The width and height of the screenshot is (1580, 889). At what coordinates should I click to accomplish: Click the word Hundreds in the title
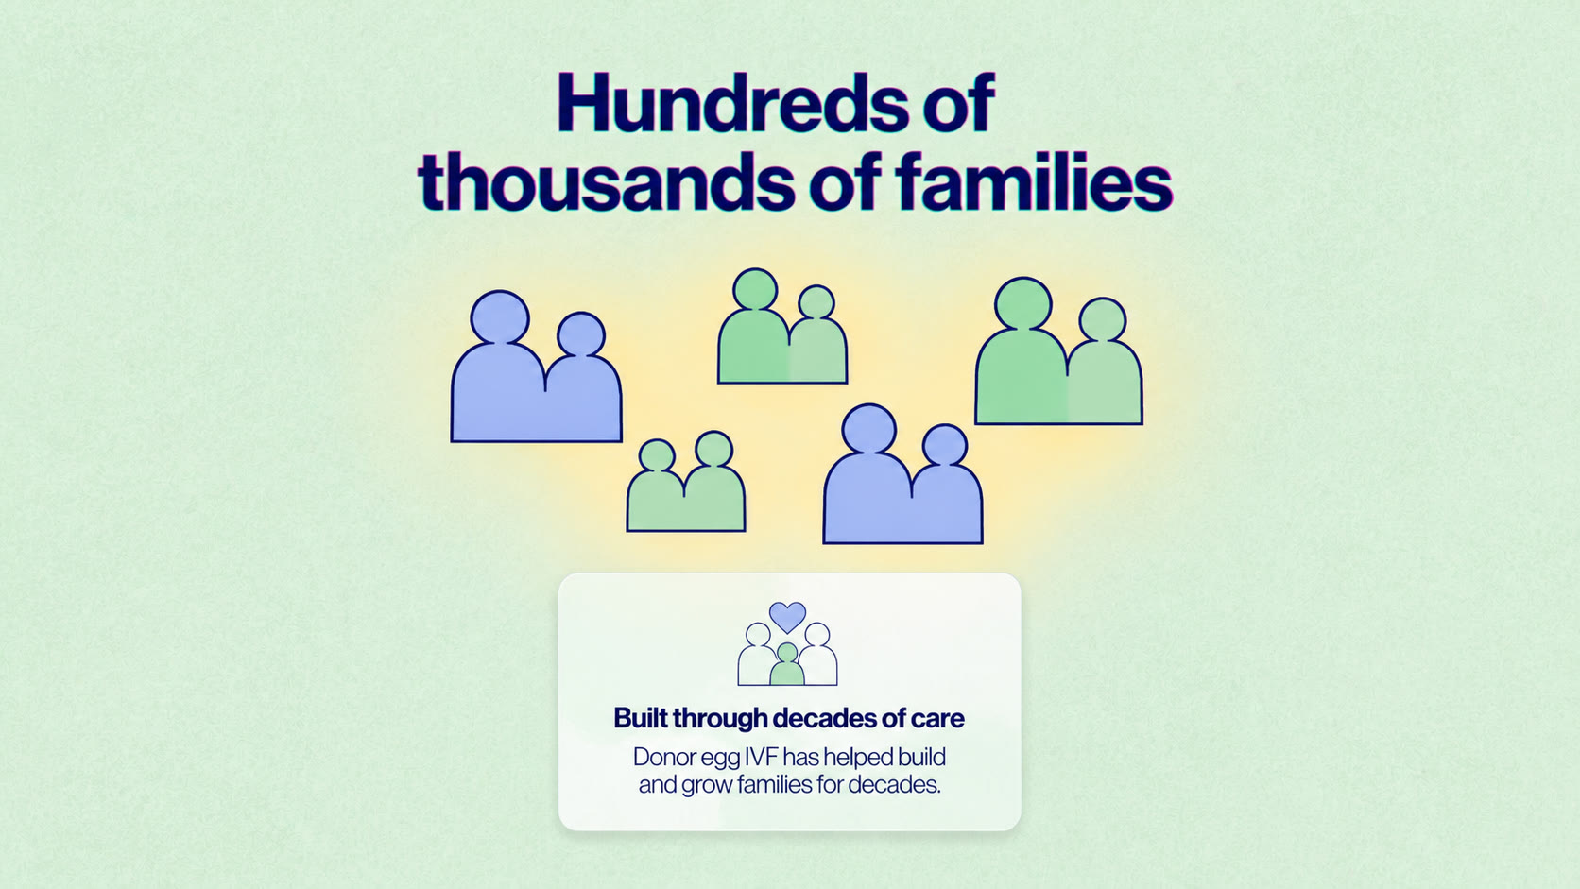(733, 104)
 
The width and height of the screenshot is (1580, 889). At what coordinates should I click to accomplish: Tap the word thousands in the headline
(606, 181)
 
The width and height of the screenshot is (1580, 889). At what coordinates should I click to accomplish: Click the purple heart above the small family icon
(787, 617)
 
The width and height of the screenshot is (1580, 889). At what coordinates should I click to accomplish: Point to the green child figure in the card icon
(786, 665)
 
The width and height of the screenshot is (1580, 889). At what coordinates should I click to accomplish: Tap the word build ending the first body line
(922, 757)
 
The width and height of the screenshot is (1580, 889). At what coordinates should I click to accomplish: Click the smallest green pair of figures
(686, 482)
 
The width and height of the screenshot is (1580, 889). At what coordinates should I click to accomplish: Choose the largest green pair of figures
(1058, 351)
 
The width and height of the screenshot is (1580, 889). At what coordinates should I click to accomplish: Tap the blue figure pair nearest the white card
(902, 473)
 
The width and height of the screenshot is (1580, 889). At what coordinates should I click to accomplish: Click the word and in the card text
(658, 785)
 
